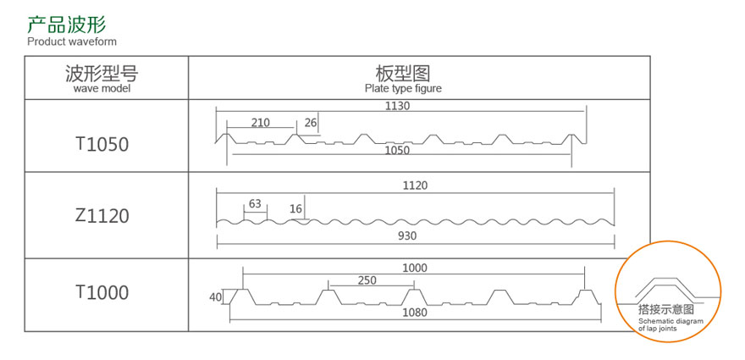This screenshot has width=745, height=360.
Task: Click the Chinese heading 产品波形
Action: pos(67,25)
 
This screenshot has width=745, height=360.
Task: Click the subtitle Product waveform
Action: pos(72,42)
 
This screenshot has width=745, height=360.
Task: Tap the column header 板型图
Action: pos(403,73)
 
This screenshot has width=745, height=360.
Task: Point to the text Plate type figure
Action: pos(403,88)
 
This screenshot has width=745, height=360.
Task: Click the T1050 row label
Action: pos(102,144)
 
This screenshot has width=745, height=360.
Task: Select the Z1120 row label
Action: pos(102,216)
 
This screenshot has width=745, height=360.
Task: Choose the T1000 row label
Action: pos(102,292)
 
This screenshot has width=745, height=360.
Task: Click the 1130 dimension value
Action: pos(398,106)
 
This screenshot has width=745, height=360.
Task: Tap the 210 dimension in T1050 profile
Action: pos(261,123)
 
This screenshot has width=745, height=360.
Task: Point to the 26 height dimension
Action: pos(310,123)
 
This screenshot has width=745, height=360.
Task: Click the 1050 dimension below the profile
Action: pos(397,150)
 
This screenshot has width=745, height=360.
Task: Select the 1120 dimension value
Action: pos(416,185)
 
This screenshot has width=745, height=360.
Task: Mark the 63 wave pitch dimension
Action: pos(255,203)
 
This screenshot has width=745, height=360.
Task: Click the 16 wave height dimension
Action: pos(295,208)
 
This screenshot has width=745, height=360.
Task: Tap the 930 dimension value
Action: pos(407,235)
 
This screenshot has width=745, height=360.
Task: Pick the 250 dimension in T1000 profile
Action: pos(367,280)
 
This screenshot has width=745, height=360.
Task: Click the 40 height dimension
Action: pos(215,297)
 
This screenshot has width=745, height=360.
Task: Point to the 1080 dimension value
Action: pos(415,313)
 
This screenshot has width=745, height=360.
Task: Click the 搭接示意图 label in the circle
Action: pos(666,310)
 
